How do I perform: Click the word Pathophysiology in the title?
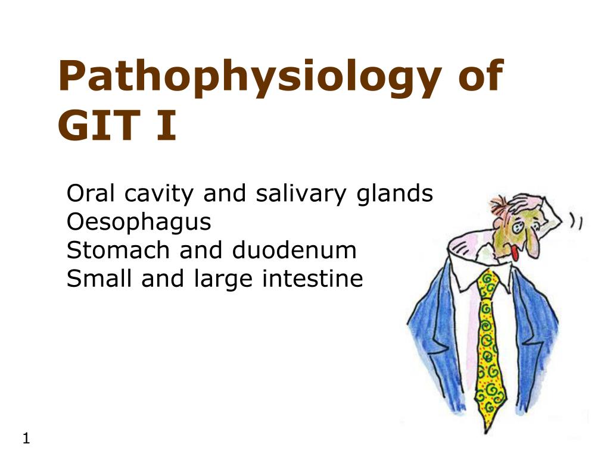click(250, 78)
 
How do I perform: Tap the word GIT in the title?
click(99, 126)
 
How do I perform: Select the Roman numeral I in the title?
click(167, 126)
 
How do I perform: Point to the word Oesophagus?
click(139, 223)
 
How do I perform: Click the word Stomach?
click(118, 250)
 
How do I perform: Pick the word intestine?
click(312, 278)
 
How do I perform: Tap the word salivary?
click(301, 195)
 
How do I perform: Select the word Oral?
click(91, 193)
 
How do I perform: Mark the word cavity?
click(158, 195)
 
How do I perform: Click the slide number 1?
click(26, 439)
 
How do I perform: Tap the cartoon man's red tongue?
click(515, 253)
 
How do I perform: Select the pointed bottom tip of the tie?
click(486, 432)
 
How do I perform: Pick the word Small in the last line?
click(99, 278)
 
